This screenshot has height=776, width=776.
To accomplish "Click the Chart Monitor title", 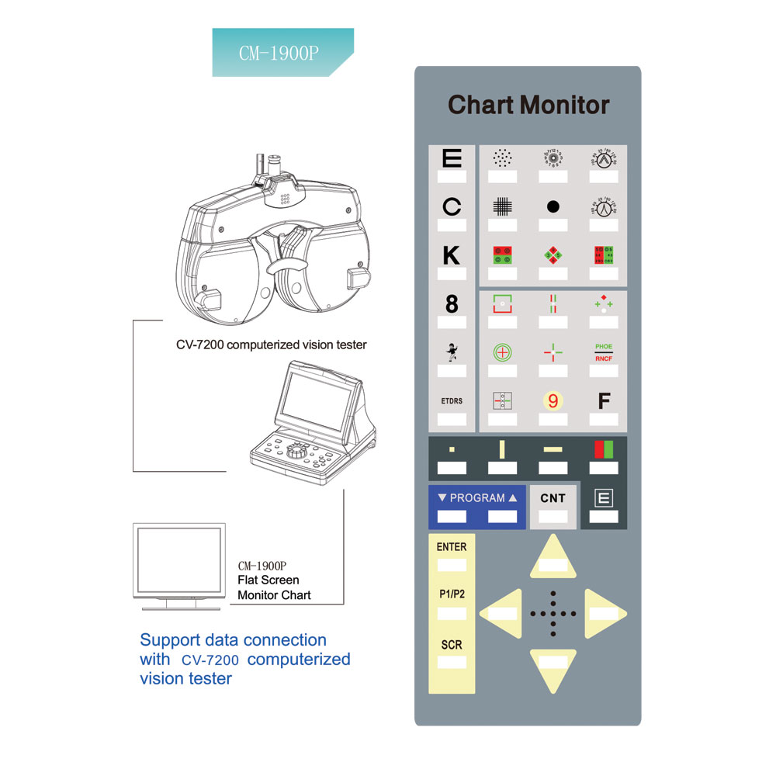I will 528,105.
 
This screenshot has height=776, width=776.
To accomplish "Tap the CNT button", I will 553,498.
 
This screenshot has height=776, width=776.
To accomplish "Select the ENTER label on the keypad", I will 452,547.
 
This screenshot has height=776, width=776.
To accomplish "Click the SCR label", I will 452,645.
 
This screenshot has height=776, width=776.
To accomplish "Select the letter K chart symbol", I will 451,255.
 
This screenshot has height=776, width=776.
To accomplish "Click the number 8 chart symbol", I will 452,304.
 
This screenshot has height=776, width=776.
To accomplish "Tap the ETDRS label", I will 452,401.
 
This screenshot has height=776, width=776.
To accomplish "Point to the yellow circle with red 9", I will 553,401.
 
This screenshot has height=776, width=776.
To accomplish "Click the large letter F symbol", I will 604,401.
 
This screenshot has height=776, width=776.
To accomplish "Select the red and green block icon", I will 604,449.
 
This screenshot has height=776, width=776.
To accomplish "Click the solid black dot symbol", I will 553,206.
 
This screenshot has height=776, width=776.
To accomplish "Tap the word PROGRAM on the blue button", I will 477,498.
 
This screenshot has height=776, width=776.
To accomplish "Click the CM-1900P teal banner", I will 279,52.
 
